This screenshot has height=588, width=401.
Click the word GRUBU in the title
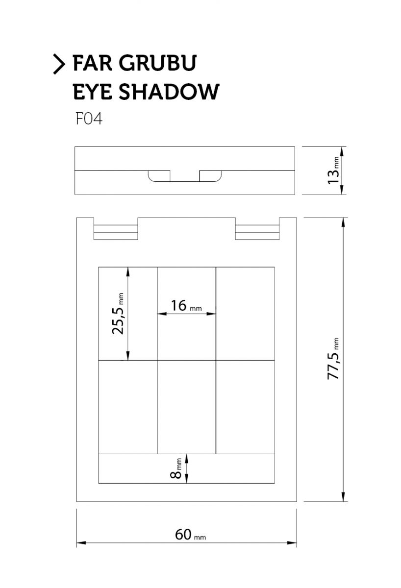157,63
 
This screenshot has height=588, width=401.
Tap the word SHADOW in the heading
169,92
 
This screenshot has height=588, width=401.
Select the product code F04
89,119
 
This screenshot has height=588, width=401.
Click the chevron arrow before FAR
59,64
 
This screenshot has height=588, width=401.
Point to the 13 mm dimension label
334,171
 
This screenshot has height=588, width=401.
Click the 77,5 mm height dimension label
333,359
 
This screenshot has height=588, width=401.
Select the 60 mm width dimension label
190,535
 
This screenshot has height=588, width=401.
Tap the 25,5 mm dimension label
118,314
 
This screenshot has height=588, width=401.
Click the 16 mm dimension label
186,306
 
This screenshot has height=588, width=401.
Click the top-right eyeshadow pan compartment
245,314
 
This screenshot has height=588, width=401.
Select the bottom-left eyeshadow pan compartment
127,407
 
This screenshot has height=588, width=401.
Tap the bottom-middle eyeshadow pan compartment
186,407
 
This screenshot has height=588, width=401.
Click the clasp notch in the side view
185,176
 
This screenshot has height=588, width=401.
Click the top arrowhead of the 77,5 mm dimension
344,222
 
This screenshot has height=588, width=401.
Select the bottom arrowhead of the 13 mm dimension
342,190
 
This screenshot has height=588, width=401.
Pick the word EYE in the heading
93,92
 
